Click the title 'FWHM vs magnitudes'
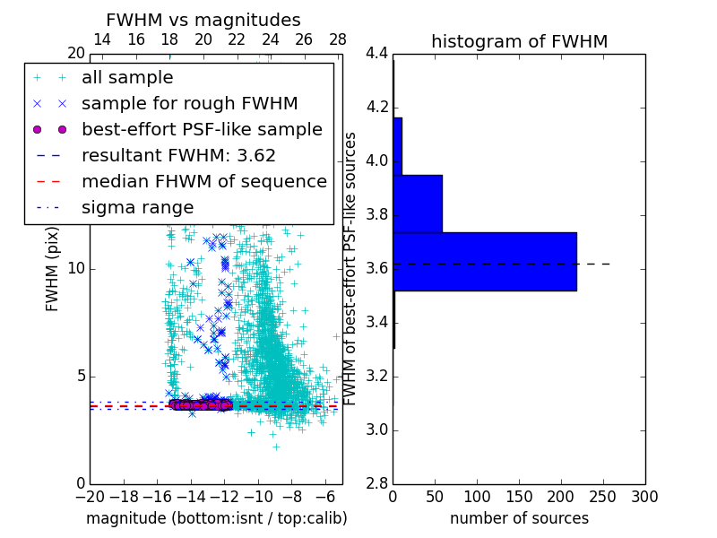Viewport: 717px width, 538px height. (x=203, y=20)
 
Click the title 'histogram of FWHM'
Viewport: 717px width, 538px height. (x=519, y=41)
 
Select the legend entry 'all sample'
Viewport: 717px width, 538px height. (x=127, y=78)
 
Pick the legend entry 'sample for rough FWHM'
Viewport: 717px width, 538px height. (x=189, y=103)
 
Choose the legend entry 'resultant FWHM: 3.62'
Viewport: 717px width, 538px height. (x=178, y=155)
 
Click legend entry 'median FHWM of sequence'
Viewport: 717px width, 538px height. (x=203, y=181)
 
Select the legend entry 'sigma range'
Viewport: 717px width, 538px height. (x=137, y=207)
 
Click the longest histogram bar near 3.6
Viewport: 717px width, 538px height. (x=484, y=262)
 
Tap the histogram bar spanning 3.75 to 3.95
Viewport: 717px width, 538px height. (x=418, y=204)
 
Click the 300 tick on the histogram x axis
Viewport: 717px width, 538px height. (x=644, y=496)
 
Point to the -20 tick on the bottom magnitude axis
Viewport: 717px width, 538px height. (x=90, y=496)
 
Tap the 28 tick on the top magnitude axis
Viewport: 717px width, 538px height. (x=338, y=39)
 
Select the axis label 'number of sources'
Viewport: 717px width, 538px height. (x=519, y=518)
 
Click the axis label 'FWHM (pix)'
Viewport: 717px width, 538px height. (x=53, y=269)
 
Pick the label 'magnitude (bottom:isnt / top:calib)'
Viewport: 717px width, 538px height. (x=216, y=518)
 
